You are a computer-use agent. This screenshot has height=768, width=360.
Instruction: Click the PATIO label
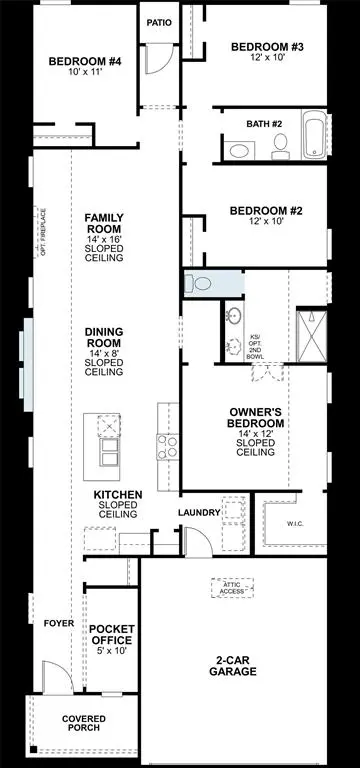tap(159, 21)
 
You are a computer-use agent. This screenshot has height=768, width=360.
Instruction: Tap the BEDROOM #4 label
tap(84, 67)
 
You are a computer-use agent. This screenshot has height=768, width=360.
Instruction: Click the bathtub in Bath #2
tap(315, 139)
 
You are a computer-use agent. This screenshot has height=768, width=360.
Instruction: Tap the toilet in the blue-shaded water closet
tap(201, 284)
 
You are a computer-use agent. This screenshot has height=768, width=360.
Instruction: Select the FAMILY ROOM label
tap(104, 237)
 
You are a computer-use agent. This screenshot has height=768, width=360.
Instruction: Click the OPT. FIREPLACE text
tap(44, 231)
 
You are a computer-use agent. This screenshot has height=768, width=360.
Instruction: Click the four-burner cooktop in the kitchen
tap(167, 446)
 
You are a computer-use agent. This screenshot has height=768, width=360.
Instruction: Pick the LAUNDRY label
tap(199, 513)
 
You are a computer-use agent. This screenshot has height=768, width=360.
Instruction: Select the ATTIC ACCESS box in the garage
tap(232, 590)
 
